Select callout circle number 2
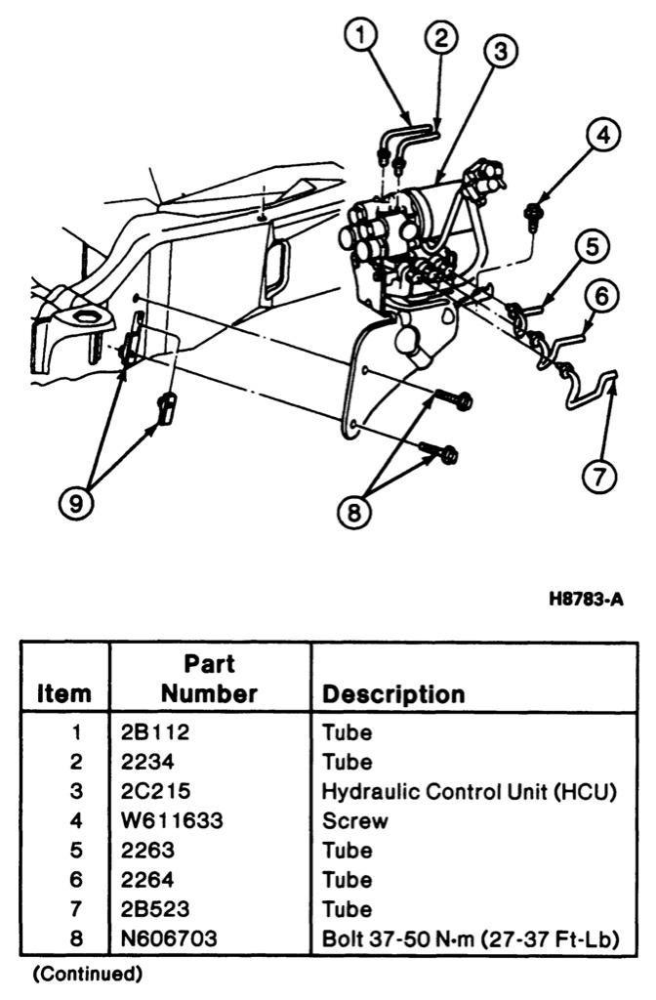[x=441, y=38]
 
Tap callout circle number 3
[x=500, y=53]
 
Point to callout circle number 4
[x=604, y=137]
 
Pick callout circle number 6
[x=603, y=296]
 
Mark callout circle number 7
[x=598, y=476]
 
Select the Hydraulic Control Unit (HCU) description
[x=470, y=792]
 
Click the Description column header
[x=393, y=694]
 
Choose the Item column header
[x=65, y=694]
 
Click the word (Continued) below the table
[x=88, y=974]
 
